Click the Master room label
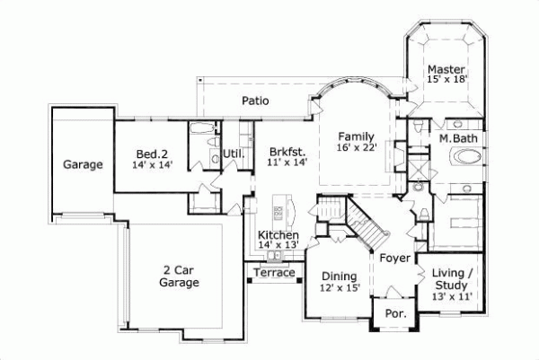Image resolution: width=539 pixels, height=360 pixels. pos(445,69)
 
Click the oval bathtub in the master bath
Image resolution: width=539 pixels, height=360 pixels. pos(465,157)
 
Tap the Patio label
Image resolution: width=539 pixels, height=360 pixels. pos(255,101)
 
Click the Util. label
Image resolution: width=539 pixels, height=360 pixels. pos(234,153)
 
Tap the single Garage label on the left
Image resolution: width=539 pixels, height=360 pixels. pos(82,164)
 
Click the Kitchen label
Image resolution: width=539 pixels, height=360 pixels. pos(278,234)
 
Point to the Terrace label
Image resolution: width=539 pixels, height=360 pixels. pos(274,273)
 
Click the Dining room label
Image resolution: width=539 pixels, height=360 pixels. pos(339,277)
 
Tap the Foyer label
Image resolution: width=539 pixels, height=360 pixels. pos(395,258)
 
